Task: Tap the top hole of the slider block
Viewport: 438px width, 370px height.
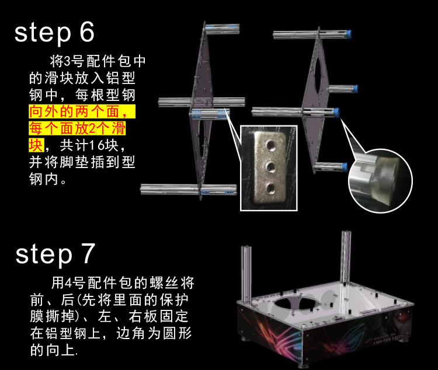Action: pyautogui.click(x=270, y=145)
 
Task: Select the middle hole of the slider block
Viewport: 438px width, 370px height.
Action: pyautogui.click(x=270, y=167)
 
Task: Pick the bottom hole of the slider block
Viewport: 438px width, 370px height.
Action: pyautogui.click(x=270, y=189)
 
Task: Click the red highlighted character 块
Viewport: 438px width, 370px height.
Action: pyautogui.click(x=36, y=145)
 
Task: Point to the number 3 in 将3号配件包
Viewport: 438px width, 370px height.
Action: pyautogui.click(x=68, y=61)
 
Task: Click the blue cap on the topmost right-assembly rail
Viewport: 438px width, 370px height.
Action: pyautogui.click(x=348, y=34)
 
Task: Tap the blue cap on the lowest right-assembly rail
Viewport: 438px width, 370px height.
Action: pyautogui.click(x=345, y=167)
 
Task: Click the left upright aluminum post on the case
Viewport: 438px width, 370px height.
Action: pyautogui.click(x=246, y=274)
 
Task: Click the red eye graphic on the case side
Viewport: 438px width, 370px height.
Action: pyautogui.click(x=402, y=317)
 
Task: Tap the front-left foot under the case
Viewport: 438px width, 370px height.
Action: pyautogui.click(x=246, y=338)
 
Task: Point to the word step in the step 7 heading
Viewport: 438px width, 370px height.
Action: pyautogui.click(x=44, y=254)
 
